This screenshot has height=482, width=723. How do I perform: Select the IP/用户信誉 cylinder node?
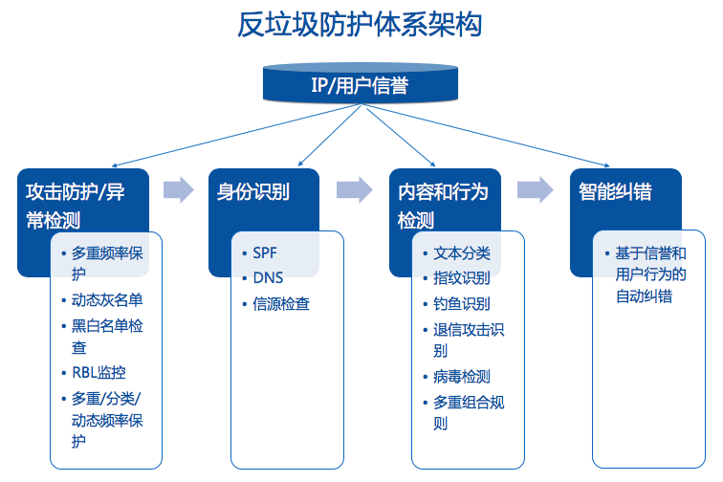[360, 85]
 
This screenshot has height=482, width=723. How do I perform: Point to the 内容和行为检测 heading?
[443, 206]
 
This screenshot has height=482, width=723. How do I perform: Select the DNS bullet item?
[268, 278]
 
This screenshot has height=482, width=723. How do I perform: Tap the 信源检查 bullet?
[281, 304]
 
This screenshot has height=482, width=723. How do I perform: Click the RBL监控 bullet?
[99, 373]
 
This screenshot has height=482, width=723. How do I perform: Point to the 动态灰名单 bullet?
[107, 299]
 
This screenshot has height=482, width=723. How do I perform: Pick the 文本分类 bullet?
[462, 253]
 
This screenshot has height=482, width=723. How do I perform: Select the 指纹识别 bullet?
[462, 278]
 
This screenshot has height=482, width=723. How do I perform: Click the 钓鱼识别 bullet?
[462, 304]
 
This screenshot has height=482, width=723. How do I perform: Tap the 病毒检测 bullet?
[462, 377]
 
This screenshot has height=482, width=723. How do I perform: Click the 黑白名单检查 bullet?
[107, 336]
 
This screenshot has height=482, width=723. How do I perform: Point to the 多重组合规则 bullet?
[469, 412]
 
